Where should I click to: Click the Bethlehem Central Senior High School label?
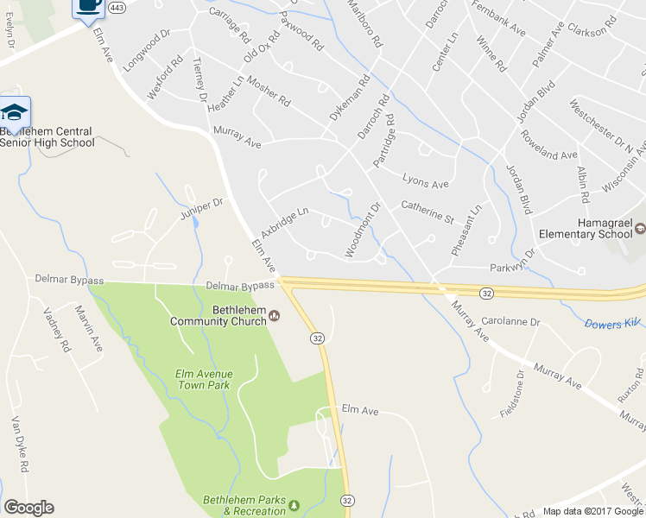point(47,137)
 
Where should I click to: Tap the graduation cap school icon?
point(15,112)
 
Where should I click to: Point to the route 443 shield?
point(116,7)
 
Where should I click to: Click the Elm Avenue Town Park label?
point(205,379)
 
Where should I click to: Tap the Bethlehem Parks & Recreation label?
point(244,505)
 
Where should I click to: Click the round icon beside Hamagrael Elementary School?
point(640,228)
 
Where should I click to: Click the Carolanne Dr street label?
point(510,322)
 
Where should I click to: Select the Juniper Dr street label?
point(201,208)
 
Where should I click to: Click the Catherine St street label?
point(427,212)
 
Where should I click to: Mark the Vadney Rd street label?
point(57,329)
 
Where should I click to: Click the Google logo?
point(28,508)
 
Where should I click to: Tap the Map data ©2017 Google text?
point(592,511)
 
